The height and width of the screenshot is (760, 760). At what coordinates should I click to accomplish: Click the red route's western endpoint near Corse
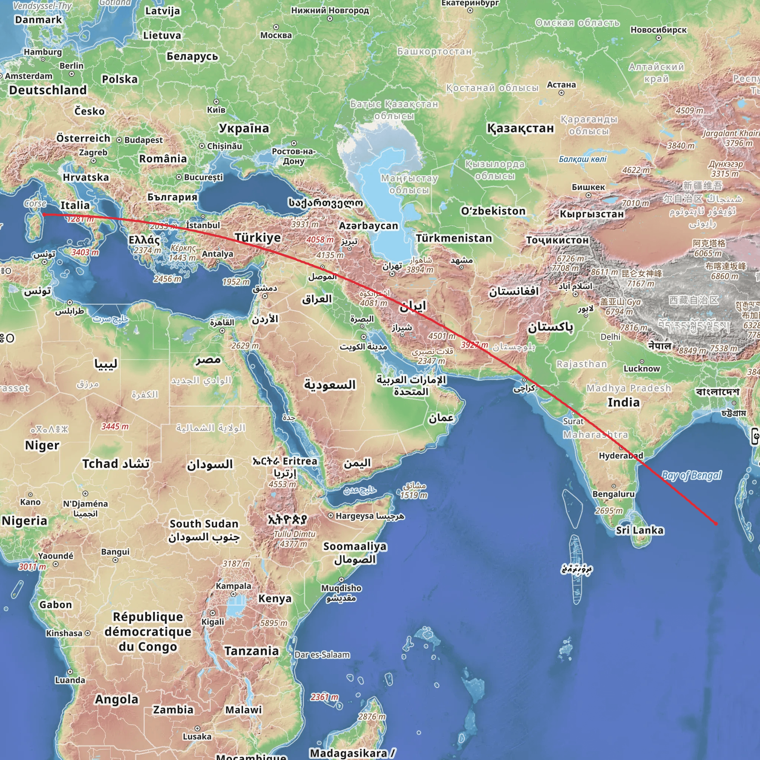pos(44,214)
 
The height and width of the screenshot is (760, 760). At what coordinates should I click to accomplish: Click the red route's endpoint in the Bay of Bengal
pos(715,524)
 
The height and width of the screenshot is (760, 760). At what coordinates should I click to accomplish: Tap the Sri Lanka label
pos(640,530)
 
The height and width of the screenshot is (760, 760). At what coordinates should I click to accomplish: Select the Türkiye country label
pos(258,237)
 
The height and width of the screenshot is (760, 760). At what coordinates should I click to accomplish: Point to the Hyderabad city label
pos(621,456)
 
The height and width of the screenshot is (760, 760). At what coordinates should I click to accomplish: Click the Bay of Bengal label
pos(692,475)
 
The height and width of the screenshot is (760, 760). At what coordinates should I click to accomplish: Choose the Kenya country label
pos(275,598)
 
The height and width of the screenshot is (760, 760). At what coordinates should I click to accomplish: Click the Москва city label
pos(276,35)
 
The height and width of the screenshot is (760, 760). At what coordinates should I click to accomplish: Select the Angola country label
pos(117,699)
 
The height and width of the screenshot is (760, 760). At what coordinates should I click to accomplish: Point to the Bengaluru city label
pos(613,494)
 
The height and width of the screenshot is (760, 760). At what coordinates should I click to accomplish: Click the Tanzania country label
pos(251,651)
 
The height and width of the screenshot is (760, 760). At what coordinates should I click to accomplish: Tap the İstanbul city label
pos(203,225)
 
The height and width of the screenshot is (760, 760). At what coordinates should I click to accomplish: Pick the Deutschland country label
pos(48,90)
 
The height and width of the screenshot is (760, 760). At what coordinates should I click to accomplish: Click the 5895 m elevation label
pos(274,623)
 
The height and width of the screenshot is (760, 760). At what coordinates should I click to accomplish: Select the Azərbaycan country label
pos(368,226)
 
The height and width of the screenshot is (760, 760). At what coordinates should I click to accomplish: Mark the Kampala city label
pos(233,586)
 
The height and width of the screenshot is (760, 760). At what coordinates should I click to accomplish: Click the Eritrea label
pos(300,461)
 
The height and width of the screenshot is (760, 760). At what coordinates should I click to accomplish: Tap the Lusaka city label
pos(197,736)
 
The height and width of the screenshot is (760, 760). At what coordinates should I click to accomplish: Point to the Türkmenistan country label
pos(454,238)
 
